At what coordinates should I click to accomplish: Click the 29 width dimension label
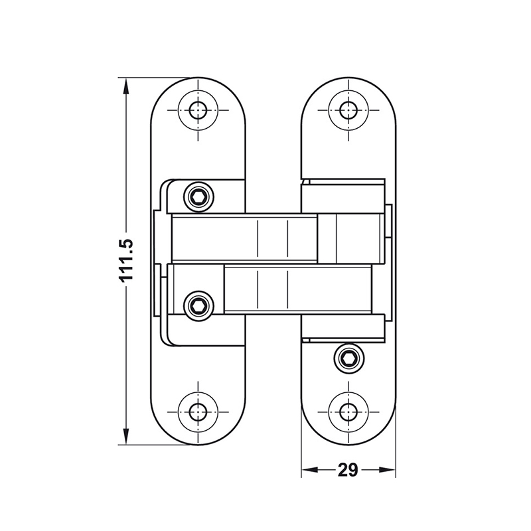(347, 470)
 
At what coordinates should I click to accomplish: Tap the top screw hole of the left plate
(198, 110)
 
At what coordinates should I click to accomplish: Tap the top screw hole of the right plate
(348, 110)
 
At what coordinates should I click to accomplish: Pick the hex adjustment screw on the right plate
(348, 359)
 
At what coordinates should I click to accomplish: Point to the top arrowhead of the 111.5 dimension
(126, 84)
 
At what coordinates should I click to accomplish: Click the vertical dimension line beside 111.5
(126, 166)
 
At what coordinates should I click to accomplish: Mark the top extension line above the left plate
(159, 78)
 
